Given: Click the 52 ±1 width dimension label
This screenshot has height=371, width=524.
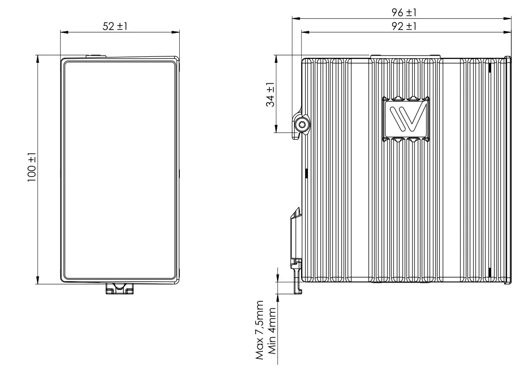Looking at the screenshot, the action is point(115,26).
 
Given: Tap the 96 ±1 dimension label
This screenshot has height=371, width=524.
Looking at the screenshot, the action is point(404,12).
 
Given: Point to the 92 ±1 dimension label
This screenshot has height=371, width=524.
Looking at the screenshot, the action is point(404,26).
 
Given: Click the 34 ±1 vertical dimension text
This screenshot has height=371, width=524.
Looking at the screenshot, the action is point(270,95).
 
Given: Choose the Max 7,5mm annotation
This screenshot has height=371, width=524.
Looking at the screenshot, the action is point(260,330).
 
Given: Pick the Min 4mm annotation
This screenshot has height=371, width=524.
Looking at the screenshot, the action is point(272,331).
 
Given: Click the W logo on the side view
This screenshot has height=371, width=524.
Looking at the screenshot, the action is point(406,119).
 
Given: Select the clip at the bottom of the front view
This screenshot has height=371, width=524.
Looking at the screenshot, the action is point(120,288).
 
